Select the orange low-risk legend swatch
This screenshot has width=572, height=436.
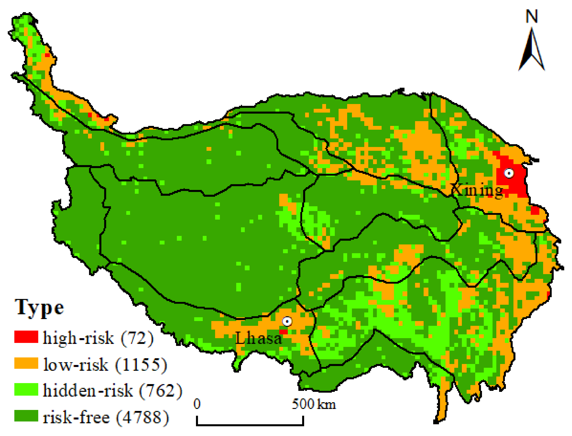pyautogui.click(x=26, y=363)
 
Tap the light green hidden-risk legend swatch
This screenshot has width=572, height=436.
pyautogui.click(x=26, y=389)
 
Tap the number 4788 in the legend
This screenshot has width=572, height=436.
pyautogui.click(x=142, y=417)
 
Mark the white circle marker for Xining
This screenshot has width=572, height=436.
pyautogui.click(x=509, y=173)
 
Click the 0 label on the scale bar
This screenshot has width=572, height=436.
pyautogui.click(x=197, y=404)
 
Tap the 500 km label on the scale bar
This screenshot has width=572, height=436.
pyautogui.click(x=314, y=404)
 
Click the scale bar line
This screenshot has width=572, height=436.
pyautogui.click(x=250, y=425)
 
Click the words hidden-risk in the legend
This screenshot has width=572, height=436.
pyautogui.click(x=88, y=390)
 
